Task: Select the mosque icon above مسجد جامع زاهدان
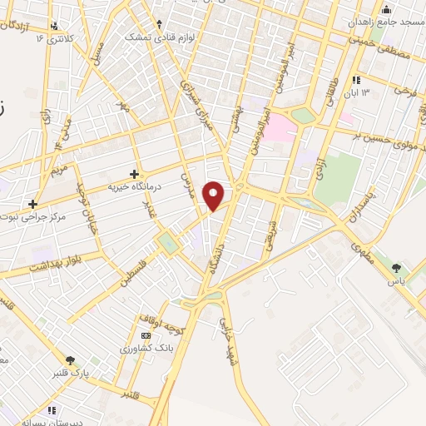(x=385, y=10)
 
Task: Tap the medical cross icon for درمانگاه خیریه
(x=134, y=173)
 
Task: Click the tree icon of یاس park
(x=396, y=267)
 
